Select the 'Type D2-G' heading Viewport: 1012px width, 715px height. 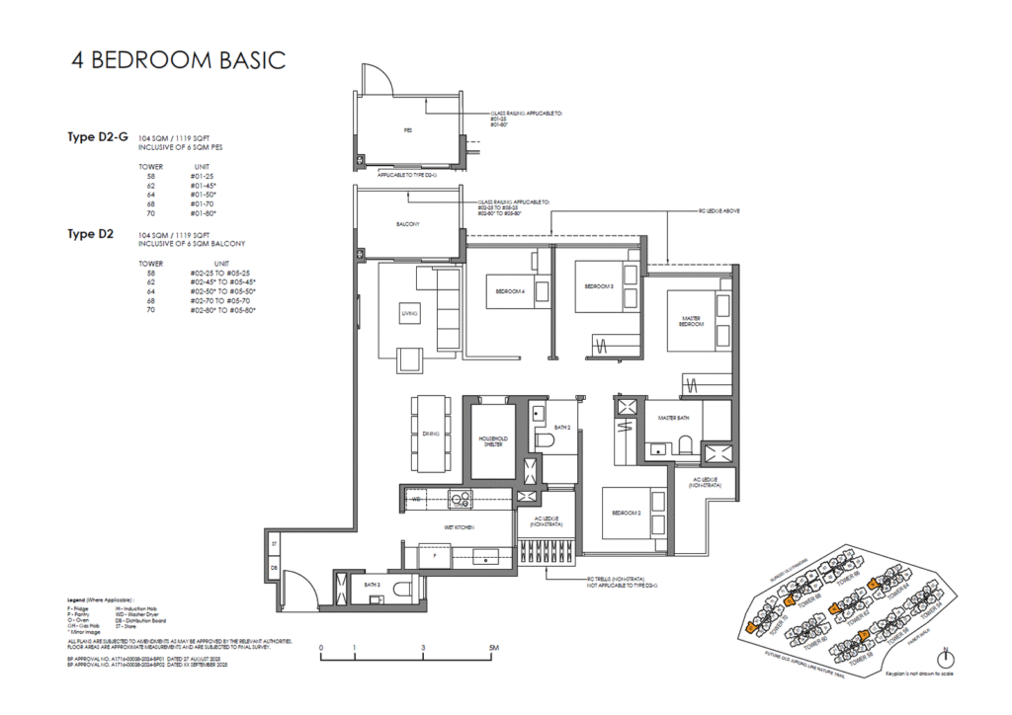98,137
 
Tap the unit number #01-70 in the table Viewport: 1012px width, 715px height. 201,203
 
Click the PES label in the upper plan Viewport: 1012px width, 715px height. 407,130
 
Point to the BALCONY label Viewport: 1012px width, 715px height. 408,224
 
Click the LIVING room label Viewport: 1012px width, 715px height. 408,313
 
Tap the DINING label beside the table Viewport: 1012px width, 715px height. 431,433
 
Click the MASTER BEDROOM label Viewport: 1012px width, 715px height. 691,322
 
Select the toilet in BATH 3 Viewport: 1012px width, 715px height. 402,590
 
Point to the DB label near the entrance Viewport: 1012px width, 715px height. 274,568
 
